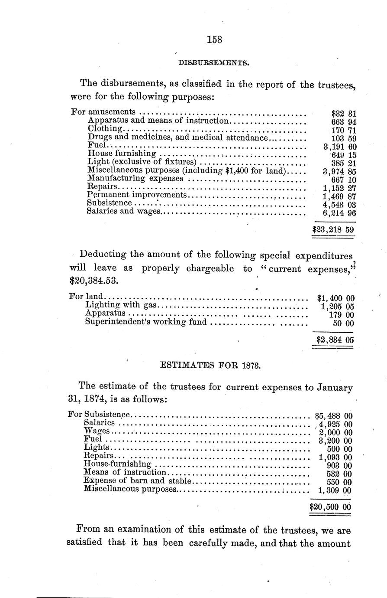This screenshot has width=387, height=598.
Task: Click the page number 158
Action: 214,40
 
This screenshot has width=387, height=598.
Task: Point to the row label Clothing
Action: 105,129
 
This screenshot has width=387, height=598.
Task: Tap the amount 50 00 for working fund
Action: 343,323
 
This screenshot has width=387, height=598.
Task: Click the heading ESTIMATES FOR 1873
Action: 210,366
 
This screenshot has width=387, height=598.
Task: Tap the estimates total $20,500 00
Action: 330,507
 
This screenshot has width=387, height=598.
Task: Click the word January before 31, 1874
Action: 335,388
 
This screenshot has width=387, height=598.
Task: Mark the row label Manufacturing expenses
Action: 135,178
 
